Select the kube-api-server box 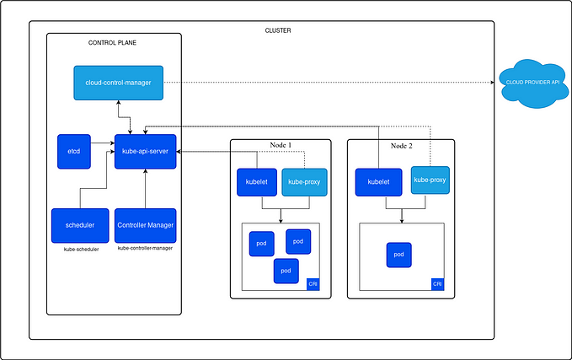click(145, 152)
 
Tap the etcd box click(73, 152)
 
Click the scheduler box click(79, 225)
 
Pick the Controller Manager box click(145, 225)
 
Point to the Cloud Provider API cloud click(532, 83)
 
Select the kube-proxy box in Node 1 click(303, 182)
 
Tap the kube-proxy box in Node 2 click(429, 180)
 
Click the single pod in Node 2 click(398, 255)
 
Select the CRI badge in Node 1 click(313, 284)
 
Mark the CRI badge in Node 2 click(437, 284)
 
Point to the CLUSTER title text click(278, 30)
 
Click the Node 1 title click(280, 146)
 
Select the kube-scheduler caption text click(80, 250)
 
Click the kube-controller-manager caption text click(145, 248)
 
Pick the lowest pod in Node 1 click(286, 271)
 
